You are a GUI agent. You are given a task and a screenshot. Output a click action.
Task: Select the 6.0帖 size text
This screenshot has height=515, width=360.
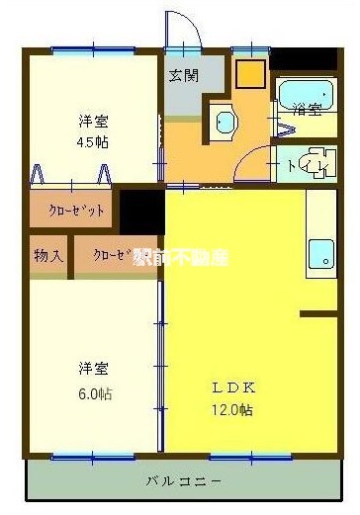point(95,393)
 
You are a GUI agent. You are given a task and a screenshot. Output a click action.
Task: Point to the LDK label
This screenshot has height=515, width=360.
point(230,386)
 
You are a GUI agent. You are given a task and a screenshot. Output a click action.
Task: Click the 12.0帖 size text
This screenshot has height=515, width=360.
point(232,409)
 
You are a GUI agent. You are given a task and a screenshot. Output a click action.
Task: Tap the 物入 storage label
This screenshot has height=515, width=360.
point(48,256)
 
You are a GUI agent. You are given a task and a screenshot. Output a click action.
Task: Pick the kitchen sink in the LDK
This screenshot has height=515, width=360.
point(320,254)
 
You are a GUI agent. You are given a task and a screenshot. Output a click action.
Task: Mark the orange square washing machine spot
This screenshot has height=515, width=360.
point(249,74)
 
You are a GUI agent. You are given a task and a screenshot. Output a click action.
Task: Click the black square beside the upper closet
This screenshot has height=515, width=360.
point(141,212)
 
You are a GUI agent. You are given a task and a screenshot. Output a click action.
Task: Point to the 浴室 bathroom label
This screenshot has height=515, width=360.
point(308,110)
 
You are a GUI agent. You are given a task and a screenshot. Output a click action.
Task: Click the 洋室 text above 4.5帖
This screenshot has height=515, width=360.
point(94,121)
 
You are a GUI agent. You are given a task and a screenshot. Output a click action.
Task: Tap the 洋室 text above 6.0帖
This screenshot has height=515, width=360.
point(95,370)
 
